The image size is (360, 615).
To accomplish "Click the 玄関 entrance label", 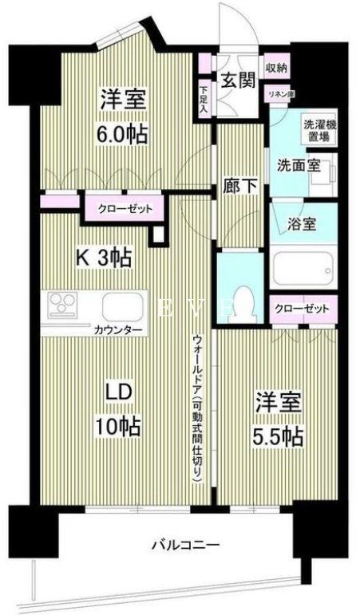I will click(237, 80).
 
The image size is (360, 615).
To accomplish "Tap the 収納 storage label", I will click(276, 68).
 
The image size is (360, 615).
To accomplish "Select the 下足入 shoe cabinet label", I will click(204, 98).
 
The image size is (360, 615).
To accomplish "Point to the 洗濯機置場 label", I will click(318, 131).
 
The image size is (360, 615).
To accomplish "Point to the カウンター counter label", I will click(117, 329).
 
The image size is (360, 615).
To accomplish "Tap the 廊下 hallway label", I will click(241, 186).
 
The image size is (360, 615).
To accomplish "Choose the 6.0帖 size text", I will click(123, 134).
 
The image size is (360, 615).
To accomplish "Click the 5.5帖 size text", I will click(279, 436).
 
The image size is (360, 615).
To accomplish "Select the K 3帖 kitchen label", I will click(104, 258).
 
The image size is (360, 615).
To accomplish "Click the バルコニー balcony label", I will click(186, 545).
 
